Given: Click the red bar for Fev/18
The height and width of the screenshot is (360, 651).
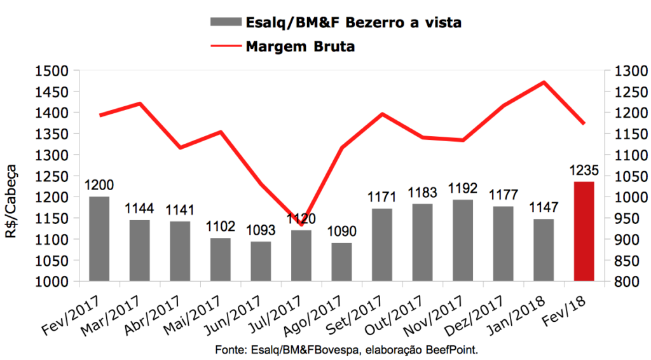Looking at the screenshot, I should coord(584,231).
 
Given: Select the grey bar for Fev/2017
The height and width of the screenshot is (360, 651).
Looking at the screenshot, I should coord(99,239).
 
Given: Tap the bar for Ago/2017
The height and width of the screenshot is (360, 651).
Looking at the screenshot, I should coord(341,261).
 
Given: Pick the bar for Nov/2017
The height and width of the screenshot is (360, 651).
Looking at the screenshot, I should coord(462,240).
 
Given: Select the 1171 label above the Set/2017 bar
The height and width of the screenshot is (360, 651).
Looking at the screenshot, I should coord(382,197).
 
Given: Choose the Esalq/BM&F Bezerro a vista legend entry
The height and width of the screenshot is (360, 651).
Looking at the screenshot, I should coord(353,22).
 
